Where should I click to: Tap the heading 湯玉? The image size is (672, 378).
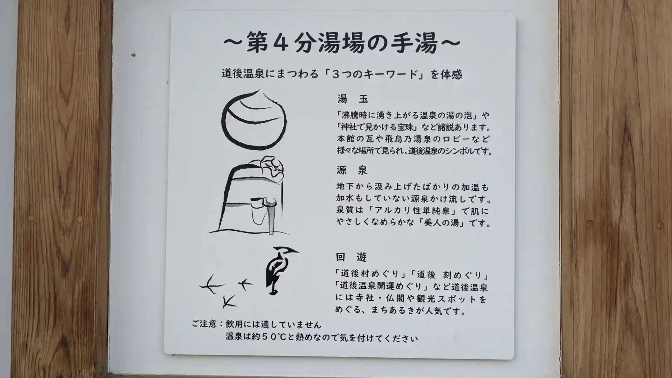click(x=353, y=99)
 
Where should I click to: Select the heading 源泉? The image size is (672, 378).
click(x=352, y=170)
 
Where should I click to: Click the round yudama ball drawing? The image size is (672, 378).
click(x=254, y=119)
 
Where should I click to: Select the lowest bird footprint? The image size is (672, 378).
click(x=229, y=301)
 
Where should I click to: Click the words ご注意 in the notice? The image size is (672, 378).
click(x=204, y=324)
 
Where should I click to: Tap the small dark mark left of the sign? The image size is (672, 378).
click(x=133, y=55)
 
